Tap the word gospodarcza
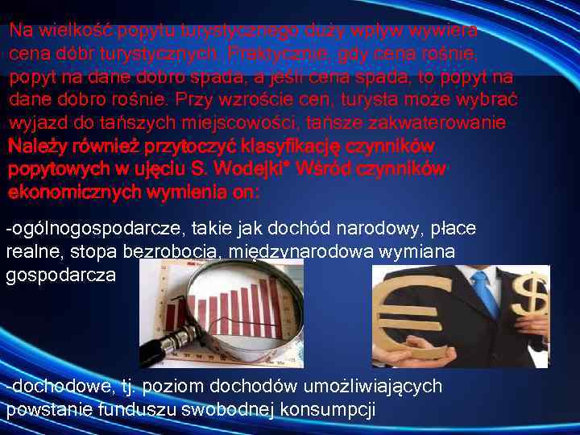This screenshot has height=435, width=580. tap(61, 275)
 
